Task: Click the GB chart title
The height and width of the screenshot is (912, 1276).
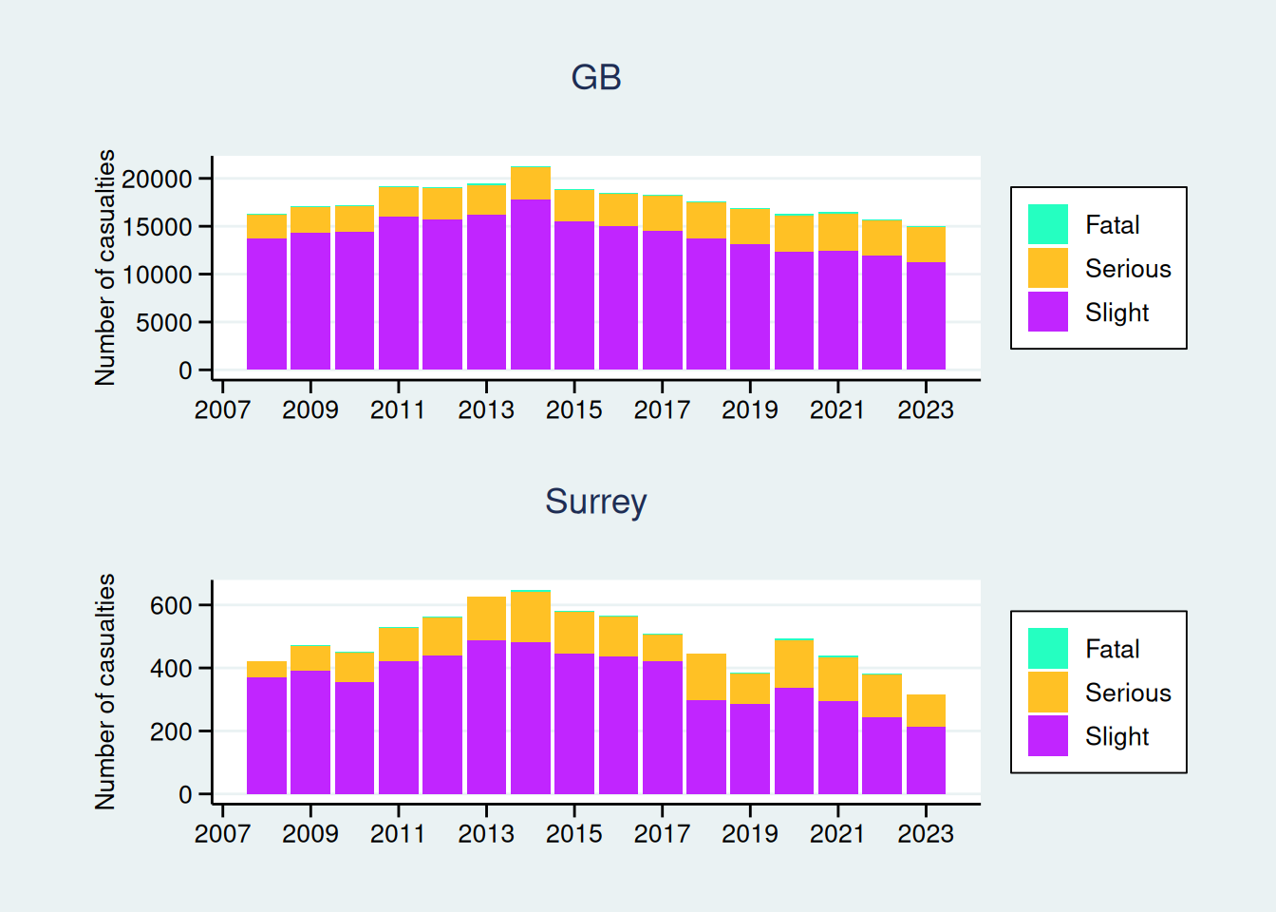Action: tap(596, 78)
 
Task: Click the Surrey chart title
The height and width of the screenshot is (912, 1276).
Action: tap(596, 502)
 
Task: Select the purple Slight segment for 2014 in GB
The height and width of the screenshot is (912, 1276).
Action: tap(530, 284)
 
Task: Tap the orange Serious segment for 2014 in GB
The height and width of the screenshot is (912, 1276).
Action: tap(530, 182)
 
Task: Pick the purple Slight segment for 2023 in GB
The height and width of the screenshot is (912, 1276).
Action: tap(926, 315)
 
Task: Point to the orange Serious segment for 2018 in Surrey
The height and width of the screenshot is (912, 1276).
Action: tap(706, 676)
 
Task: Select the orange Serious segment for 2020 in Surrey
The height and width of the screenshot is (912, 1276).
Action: tap(794, 663)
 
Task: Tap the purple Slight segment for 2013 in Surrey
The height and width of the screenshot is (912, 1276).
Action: tap(486, 717)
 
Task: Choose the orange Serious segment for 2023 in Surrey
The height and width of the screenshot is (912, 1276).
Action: tap(926, 711)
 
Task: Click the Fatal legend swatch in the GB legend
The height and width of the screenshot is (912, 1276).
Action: tap(1048, 225)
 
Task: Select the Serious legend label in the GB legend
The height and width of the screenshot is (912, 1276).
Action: tap(1128, 269)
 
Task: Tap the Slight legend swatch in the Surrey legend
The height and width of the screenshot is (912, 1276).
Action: tap(1048, 736)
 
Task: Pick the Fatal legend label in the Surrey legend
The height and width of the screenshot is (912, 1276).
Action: tap(1112, 649)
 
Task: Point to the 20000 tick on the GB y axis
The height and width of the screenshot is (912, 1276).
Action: tap(158, 179)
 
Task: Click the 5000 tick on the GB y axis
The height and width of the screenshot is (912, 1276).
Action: tap(164, 323)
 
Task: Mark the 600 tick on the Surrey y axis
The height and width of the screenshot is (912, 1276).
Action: tap(171, 605)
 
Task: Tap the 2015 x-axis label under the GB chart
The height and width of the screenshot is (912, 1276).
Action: tap(574, 409)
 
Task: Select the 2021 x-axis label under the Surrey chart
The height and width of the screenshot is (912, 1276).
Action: tap(837, 833)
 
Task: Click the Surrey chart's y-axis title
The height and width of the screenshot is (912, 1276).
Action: tap(105, 692)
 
